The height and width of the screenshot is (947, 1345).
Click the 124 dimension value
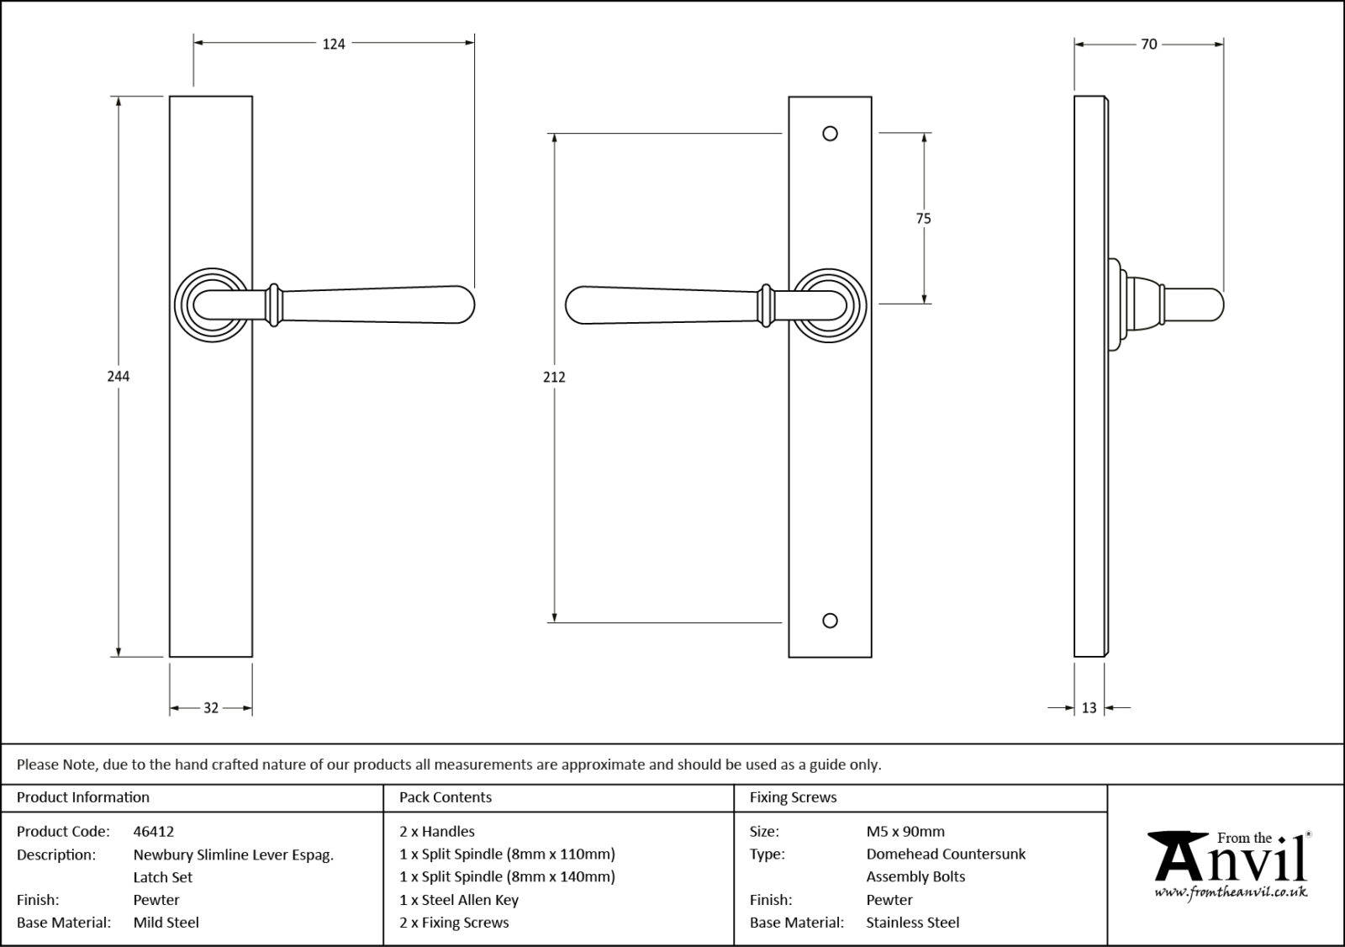(x=334, y=44)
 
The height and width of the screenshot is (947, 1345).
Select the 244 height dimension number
(x=119, y=376)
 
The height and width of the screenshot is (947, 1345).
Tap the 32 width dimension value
(x=211, y=708)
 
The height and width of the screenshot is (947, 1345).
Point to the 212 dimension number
(x=554, y=377)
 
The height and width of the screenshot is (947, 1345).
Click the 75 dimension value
(x=923, y=219)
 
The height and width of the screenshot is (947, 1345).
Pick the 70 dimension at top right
(x=1149, y=44)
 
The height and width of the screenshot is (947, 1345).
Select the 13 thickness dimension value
(x=1089, y=708)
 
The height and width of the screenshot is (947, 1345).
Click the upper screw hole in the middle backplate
(x=830, y=134)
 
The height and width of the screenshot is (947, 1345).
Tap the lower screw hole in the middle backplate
(x=830, y=621)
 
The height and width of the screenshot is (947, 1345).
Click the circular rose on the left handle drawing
(x=214, y=304)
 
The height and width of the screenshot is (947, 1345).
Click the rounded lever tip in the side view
(x=1210, y=304)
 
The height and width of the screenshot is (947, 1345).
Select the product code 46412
(x=154, y=831)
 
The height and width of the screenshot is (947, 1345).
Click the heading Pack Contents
(x=446, y=797)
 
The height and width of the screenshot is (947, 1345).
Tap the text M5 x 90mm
(x=905, y=831)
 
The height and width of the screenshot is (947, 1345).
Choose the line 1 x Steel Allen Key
(x=459, y=899)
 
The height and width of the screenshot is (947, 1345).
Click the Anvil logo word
(x=1232, y=860)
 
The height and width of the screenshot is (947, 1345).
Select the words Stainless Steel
(x=912, y=922)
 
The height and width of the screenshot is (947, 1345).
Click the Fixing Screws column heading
(x=793, y=797)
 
